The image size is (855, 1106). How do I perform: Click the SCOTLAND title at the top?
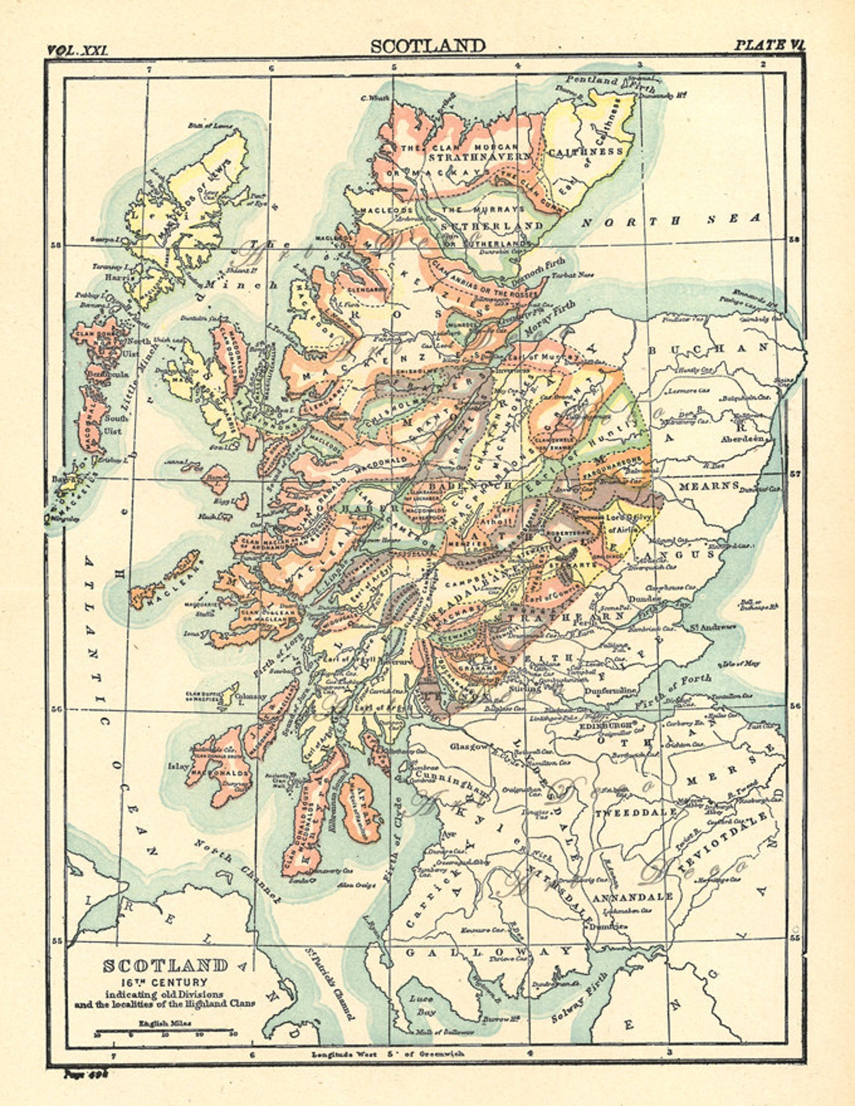click(428, 46)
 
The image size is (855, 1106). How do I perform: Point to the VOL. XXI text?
click(78, 51)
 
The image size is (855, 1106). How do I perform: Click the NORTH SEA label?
click(671, 220)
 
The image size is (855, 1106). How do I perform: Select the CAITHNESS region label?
click(585, 152)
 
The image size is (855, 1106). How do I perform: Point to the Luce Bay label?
click(421, 1005)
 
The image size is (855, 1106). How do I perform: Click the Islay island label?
click(179, 766)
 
